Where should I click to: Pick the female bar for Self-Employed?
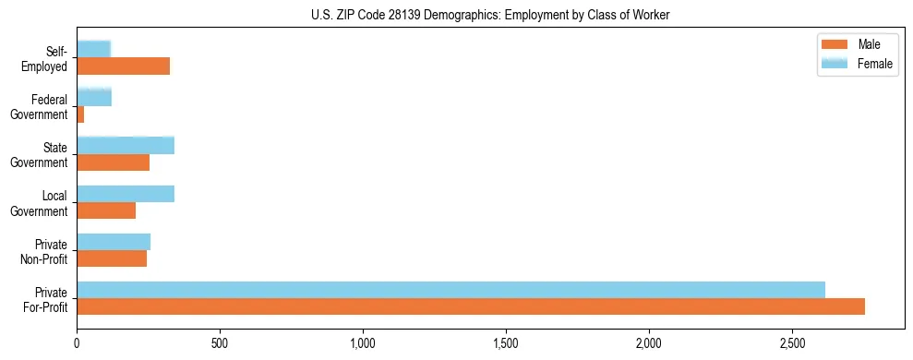click(93, 49)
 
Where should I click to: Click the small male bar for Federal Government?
click(80, 114)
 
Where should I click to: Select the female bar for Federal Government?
click(94, 97)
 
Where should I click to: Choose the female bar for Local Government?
click(126, 194)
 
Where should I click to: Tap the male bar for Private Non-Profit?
click(112, 259)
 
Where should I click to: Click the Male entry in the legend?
click(868, 44)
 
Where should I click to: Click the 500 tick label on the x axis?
click(220, 342)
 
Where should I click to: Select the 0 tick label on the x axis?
click(77, 342)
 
